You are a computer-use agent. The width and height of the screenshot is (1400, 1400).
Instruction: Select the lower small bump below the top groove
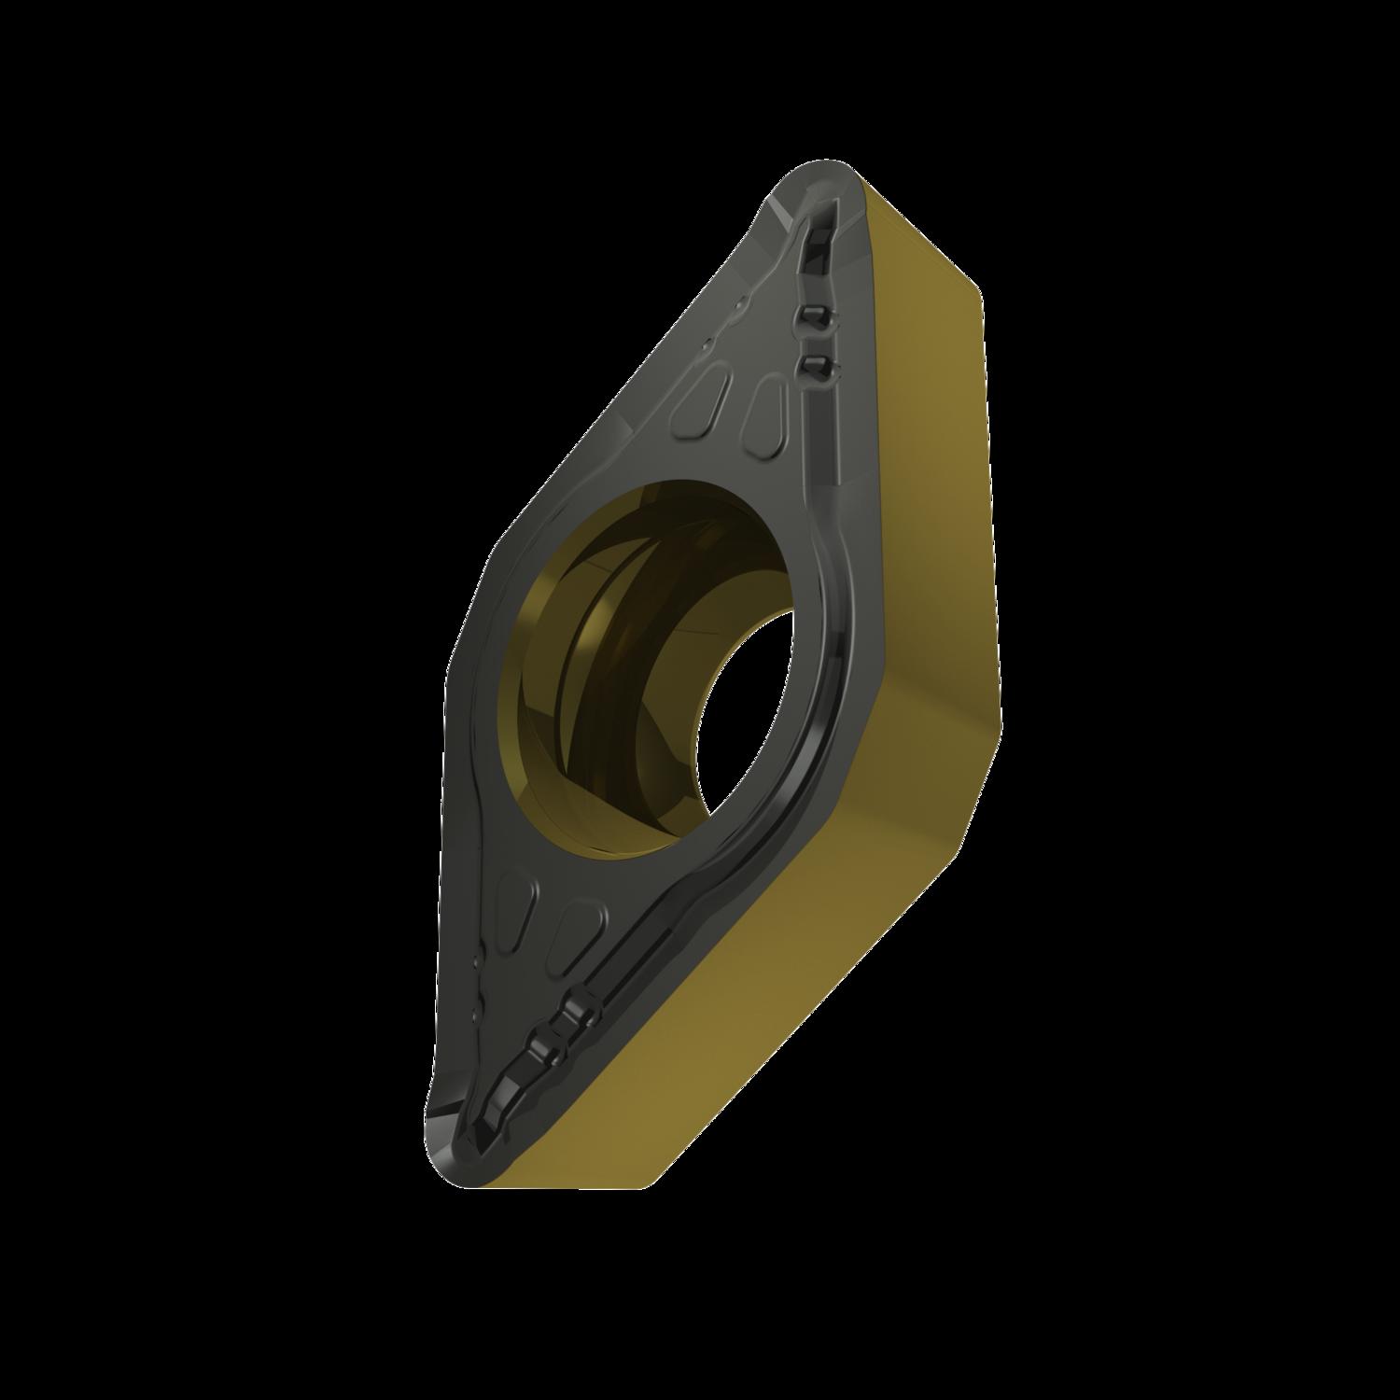(x=815, y=364)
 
